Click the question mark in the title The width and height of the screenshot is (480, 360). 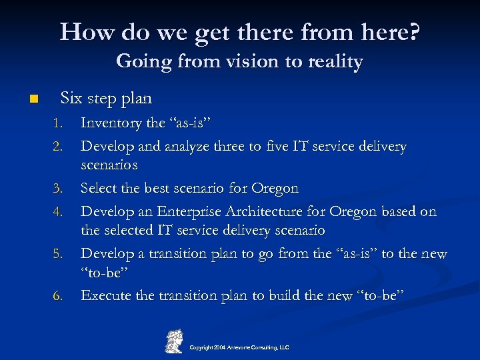tap(414, 31)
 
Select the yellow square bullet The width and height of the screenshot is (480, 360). tap(34, 99)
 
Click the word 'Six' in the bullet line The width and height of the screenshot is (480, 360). tap(71, 98)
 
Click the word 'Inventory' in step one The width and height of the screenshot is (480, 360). tap(111, 123)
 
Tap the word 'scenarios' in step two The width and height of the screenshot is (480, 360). tap(109, 164)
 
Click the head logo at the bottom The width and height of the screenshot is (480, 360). tap(174, 341)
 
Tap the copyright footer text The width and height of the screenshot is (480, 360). tap(239, 347)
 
